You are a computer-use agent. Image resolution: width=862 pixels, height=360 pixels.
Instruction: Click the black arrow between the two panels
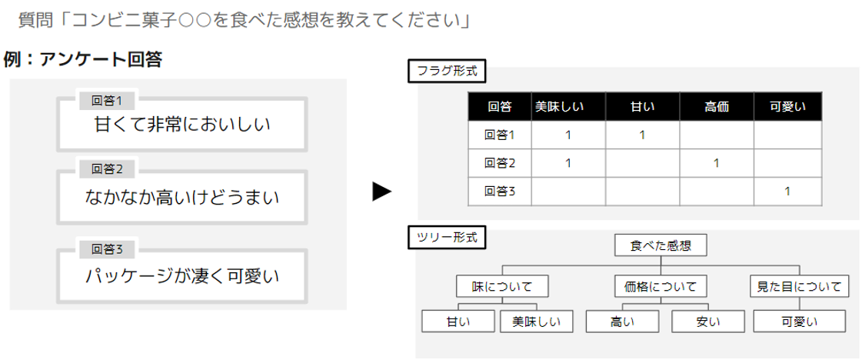pyautogui.click(x=382, y=192)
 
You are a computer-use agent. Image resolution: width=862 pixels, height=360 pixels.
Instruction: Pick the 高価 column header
pyautogui.click(x=716, y=107)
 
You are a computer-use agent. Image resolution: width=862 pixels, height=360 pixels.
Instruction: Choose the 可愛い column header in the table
pyautogui.click(x=787, y=107)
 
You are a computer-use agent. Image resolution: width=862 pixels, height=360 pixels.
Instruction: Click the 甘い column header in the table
pyautogui.click(x=642, y=107)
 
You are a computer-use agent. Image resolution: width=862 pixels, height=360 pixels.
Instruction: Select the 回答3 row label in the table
pyautogui.click(x=499, y=191)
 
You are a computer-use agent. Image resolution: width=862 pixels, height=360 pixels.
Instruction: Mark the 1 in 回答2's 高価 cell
pyautogui.click(x=716, y=163)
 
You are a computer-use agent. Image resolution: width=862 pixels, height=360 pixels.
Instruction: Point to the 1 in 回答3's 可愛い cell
pyautogui.click(x=787, y=191)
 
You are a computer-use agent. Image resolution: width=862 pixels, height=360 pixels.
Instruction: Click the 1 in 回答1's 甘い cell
pyautogui.click(x=642, y=135)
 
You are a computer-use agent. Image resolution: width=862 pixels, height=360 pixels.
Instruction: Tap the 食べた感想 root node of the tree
pyautogui.click(x=661, y=245)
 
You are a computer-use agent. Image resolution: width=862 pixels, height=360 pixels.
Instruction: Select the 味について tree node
pyautogui.click(x=502, y=286)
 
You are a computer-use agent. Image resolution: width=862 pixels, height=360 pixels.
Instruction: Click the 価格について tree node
pyautogui.click(x=661, y=286)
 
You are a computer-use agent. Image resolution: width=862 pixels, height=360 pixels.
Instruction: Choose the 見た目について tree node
pyautogui.click(x=800, y=286)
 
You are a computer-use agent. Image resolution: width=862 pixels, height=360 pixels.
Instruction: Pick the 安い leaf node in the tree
pyautogui.click(x=707, y=321)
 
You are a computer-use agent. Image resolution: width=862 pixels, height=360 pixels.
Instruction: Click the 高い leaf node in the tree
pyautogui.click(x=622, y=321)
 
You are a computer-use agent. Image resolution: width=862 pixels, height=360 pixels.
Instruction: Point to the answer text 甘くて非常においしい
pyautogui.click(x=182, y=123)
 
